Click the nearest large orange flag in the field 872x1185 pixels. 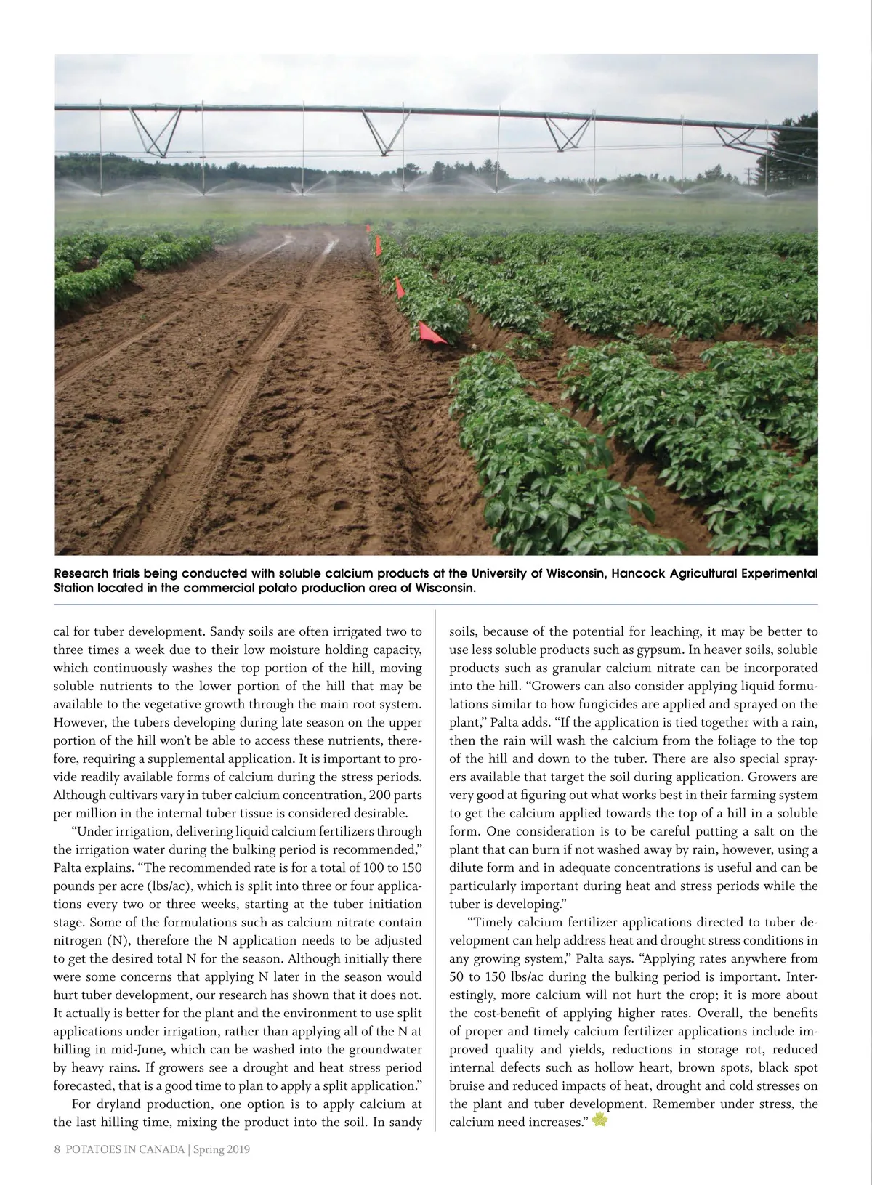click(x=430, y=333)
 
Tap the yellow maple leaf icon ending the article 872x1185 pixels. click(x=599, y=1120)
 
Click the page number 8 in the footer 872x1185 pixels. click(x=57, y=1149)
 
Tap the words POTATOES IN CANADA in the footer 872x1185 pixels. click(x=125, y=1149)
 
